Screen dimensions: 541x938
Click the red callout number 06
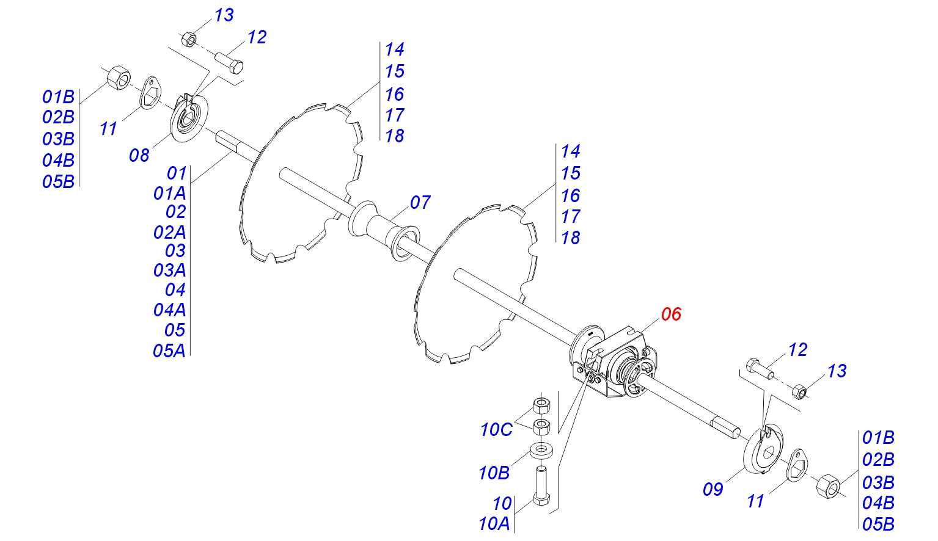(670, 314)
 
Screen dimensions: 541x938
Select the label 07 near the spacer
(420, 202)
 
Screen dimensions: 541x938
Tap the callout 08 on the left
(139, 155)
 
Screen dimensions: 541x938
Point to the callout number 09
(713, 489)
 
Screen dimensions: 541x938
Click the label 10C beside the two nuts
(496, 430)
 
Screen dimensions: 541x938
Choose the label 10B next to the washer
(494, 473)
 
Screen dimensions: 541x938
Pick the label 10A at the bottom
(494, 523)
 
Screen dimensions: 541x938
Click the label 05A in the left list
(169, 350)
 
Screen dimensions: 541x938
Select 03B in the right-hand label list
(878, 482)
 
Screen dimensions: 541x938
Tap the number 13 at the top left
(224, 15)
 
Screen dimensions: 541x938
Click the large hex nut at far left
(118, 78)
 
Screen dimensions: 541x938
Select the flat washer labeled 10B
(541, 451)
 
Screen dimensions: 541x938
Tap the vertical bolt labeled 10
(541, 486)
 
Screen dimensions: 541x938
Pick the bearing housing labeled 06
(614, 363)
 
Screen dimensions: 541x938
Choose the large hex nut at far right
(828, 485)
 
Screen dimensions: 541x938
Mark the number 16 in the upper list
(394, 94)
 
